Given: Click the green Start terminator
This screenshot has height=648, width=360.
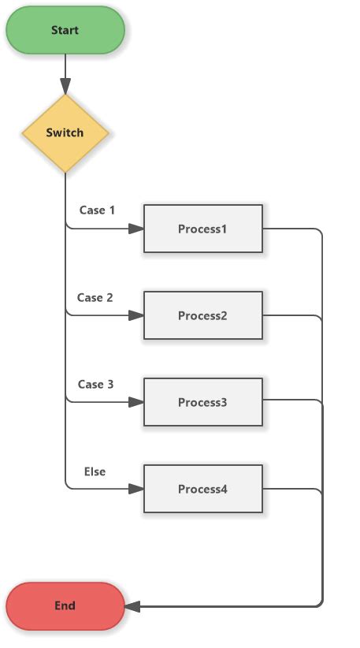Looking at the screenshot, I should click(x=65, y=31).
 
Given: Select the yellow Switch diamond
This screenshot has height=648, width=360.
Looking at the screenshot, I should click(x=65, y=133).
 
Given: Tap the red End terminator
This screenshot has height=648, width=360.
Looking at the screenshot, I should click(x=65, y=606).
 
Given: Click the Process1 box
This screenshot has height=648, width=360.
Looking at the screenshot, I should click(x=202, y=229).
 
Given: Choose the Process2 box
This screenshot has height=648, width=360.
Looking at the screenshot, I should click(x=202, y=316).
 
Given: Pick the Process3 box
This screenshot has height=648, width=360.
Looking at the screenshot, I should click(x=202, y=403).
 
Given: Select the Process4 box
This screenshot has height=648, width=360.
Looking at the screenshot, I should click(x=202, y=490).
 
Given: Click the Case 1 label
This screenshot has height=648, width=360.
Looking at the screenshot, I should click(x=97, y=210).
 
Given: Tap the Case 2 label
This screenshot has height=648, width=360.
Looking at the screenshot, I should click(x=95, y=298).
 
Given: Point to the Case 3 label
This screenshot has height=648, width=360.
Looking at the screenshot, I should click(x=95, y=385).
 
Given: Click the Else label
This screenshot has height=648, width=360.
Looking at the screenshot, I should click(x=95, y=471).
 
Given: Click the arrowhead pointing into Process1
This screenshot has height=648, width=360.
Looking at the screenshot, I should click(x=136, y=229).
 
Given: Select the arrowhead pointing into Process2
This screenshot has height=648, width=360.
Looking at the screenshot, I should click(x=136, y=316).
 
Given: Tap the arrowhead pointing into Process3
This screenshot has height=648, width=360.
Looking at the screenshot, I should click(x=136, y=403).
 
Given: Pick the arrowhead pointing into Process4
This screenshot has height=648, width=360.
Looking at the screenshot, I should click(x=136, y=490).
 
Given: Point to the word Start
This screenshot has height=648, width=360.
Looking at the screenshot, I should click(x=65, y=31).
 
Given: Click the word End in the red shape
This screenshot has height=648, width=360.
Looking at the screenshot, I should click(x=65, y=606).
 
